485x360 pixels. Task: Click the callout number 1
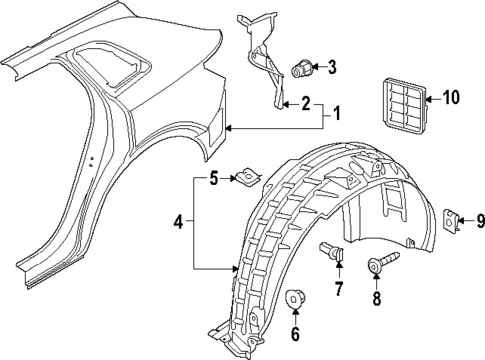click(x=336, y=113)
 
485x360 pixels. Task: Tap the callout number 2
click(x=306, y=102)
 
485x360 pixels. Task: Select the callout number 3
click(x=332, y=68)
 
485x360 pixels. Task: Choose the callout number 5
click(x=213, y=180)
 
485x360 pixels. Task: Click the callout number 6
click(x=295, y=334)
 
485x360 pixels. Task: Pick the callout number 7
click(x=339, y=289)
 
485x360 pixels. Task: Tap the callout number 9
click(x=479, y=221)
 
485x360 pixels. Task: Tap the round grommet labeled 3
click(x=299, y=69)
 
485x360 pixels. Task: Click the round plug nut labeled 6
click(x=295, y=299)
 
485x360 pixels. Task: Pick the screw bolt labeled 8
click(x=380, y=266)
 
